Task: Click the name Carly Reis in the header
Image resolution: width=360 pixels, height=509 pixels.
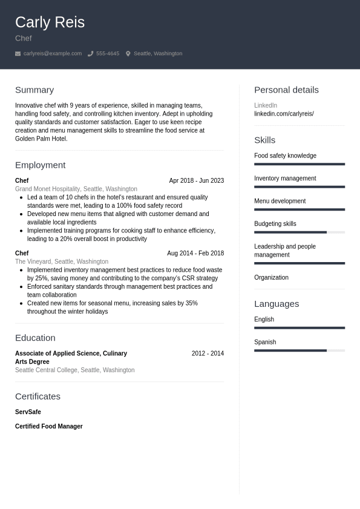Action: (50, 22)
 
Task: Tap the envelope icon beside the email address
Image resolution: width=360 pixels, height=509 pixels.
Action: (18, 54)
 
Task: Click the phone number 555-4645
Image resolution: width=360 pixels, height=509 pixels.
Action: (108, 54)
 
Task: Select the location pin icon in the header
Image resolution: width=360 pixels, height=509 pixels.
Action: (128, 54)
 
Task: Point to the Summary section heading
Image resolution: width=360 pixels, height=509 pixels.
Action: (34, 90)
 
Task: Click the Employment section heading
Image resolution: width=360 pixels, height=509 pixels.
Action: (40, 165)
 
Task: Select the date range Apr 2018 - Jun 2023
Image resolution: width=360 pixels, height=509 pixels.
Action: (196, 180)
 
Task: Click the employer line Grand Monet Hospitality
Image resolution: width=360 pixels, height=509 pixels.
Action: (76, 189)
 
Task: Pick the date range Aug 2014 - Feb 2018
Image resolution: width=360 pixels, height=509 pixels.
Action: (195, 253)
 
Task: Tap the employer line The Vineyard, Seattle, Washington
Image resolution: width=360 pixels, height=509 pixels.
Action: (62, 261)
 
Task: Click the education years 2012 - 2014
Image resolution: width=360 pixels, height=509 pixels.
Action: (208, 353)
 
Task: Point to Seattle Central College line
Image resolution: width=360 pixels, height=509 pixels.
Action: (74, 370)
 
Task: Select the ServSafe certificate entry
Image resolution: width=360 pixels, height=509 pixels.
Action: (28, 412)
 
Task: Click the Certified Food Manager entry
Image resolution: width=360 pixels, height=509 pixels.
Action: (48, 427)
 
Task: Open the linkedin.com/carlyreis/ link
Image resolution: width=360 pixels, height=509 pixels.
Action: (284, 114)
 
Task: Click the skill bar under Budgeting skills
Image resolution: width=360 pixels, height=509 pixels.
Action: (299, 232)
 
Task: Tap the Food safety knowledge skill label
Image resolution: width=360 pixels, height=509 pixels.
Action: (285, 156)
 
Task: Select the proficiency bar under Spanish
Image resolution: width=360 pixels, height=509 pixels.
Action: (299, 350)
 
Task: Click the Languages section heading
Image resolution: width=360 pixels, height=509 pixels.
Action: (277, 304)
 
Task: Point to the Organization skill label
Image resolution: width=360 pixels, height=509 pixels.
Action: (271, 278)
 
